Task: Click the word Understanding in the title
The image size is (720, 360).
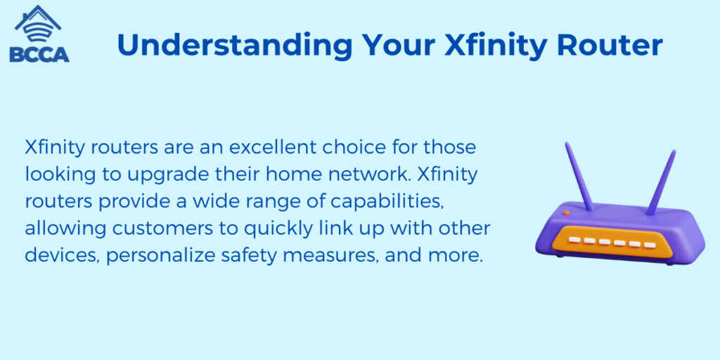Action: click(x=235, y=44)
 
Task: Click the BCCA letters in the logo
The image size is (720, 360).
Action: click(x=39, y=53)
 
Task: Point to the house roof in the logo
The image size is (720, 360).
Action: click(x=38, y=18)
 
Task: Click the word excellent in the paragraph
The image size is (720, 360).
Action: click(x=262, y=148)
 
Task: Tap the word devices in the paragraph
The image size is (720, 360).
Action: click(x=62, y=256)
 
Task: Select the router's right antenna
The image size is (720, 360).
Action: click(x=661, y=182)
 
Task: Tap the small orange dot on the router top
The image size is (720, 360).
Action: click(x=567, y=213)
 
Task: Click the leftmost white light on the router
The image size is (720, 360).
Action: click(x=574, y=240)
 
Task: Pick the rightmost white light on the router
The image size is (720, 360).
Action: click(x=649, y=245)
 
